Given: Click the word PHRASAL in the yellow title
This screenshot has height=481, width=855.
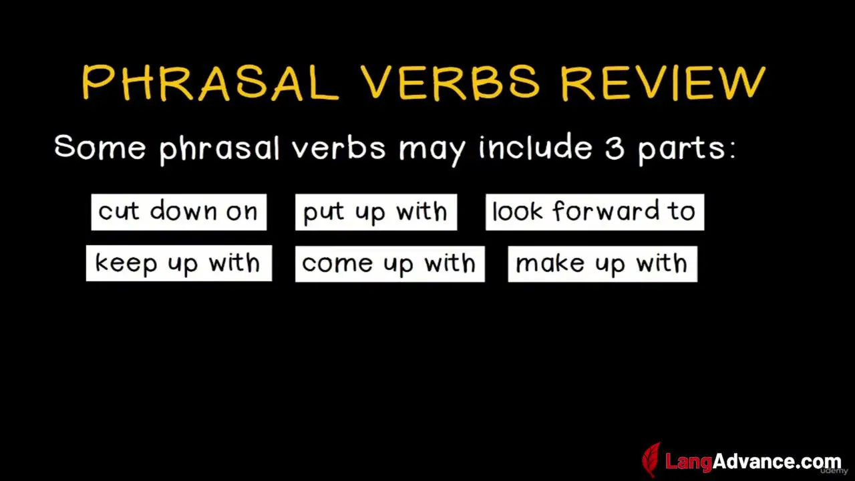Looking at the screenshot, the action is pos(210,82).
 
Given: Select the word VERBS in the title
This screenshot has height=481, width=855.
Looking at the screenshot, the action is pos(450,82).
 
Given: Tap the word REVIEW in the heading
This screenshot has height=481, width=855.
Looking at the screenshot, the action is pos(663,83).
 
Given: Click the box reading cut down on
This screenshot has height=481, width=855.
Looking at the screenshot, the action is pos(179,212).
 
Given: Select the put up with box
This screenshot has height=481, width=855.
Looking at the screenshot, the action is pos(376,212).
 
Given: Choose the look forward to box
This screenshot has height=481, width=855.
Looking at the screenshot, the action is pos(594,212).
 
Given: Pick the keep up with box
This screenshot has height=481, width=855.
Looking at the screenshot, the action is pos(179,263).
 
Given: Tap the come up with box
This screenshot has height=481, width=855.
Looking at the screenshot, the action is pos(389,264).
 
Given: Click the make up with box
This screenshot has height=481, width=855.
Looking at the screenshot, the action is pos(603,264).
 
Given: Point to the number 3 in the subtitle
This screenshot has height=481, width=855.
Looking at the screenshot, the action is pos(615,148).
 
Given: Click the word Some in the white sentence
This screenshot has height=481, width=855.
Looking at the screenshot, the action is pos(100,146).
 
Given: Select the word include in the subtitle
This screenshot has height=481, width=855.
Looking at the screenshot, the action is pos(536,146).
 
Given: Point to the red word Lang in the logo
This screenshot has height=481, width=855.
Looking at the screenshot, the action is pos(689,462).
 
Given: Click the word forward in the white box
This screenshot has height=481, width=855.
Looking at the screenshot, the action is pos(606,210).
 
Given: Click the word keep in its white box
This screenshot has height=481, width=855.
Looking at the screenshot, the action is pos(126,264).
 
